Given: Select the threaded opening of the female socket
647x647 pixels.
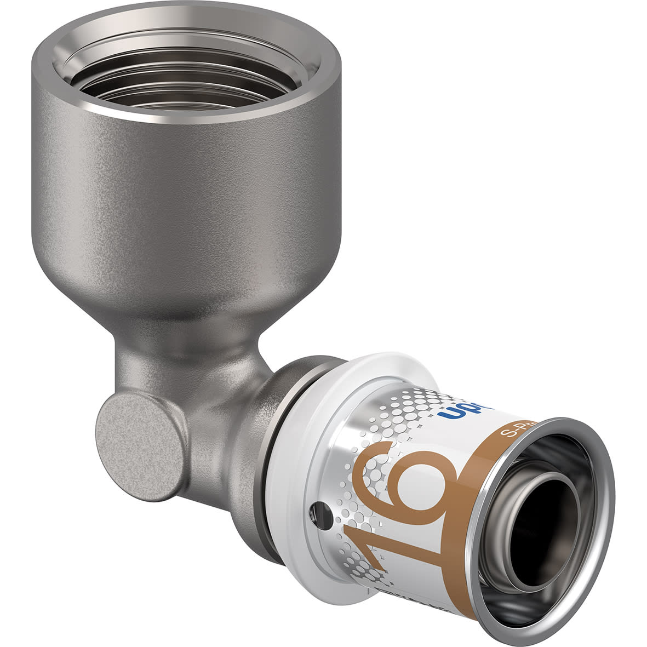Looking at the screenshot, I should pyautogui.click(x=186, y=71).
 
